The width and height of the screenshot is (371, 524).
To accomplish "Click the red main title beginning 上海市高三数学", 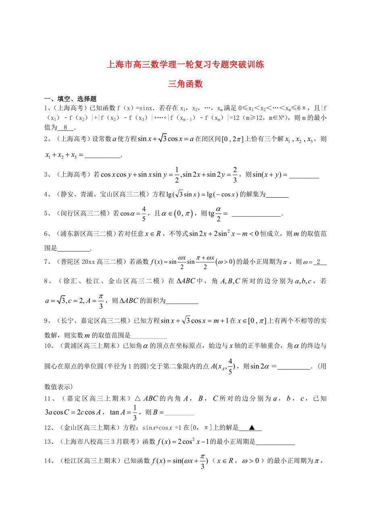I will (185, 64).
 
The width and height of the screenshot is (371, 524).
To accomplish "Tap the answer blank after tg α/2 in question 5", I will (256, 215).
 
